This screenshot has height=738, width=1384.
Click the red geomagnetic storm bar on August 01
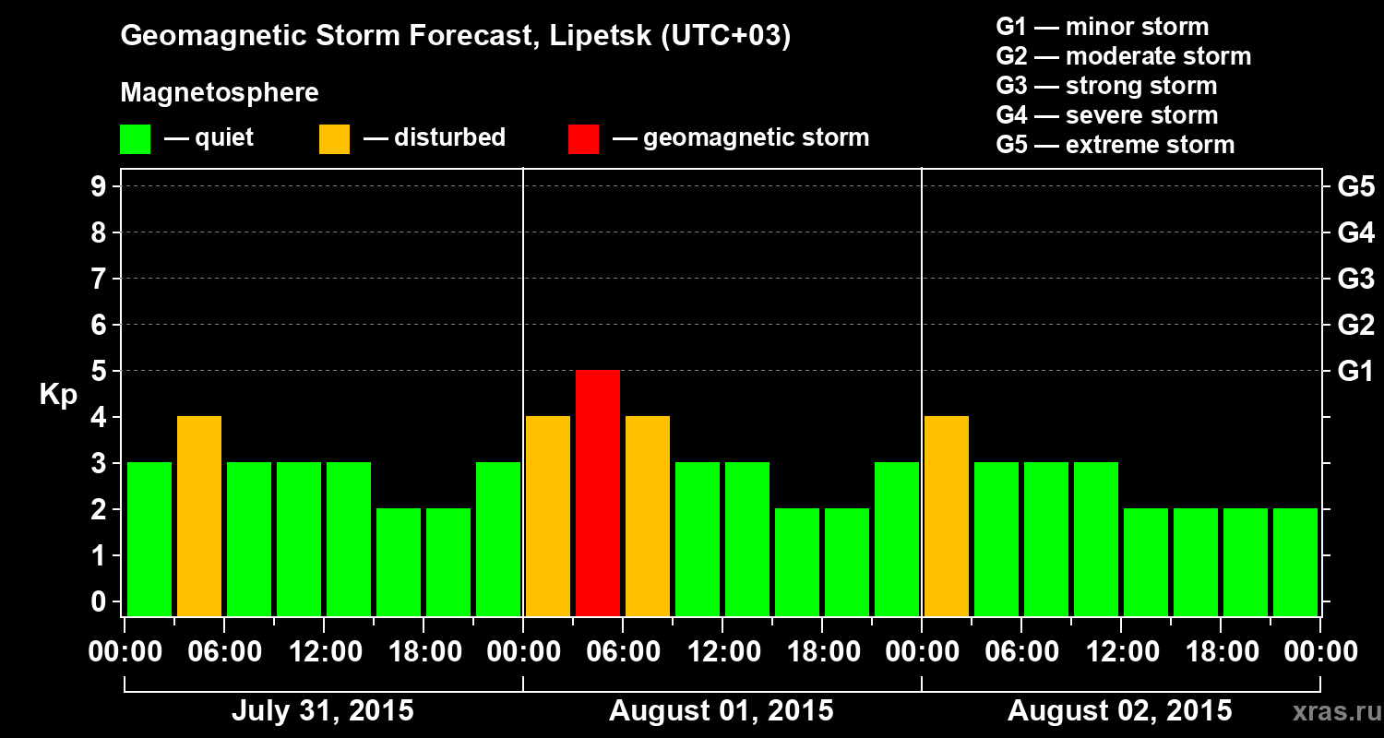(x=598, y=493)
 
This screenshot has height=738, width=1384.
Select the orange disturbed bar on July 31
(x=199, y=516)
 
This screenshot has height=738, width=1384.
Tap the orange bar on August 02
(x=947, y=516)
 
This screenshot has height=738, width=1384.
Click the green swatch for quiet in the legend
(x=135, y=139)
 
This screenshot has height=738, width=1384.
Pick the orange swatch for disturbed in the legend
(x=334, y=139)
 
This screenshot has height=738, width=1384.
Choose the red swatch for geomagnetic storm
(x=583, y=139)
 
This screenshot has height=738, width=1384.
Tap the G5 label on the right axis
(x=1355, y=187)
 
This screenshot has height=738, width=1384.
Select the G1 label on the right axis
(x=1355, y=372)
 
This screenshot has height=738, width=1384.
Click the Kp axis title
(x=58, y=395)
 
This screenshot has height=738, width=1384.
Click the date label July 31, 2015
(x=322, y=711)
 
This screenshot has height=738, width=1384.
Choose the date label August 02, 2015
(x=1119, y=711)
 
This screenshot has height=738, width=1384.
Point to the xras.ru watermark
(x=1330, y=711)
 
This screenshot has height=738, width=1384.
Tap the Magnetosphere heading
(x=220, y=93)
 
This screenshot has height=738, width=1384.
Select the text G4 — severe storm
(x=1107, y=115)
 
